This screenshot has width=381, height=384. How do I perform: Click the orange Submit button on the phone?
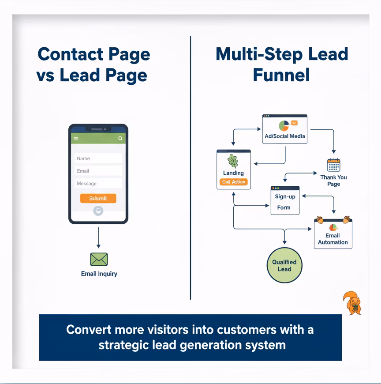[98, 198]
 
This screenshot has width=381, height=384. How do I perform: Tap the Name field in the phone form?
[98, 158]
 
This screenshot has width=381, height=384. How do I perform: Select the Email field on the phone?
[98, 171]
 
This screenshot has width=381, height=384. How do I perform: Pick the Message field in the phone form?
[98, 183]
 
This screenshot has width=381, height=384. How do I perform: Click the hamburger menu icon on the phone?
[76, 139]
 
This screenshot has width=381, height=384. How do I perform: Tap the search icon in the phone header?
[120, 139]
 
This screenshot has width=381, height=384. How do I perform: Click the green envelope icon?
[99, 259]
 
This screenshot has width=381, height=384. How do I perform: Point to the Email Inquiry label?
[99, 274]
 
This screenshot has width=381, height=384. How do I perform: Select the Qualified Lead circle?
[284, 266]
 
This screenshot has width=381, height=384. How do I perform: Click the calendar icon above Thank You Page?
[334, 165]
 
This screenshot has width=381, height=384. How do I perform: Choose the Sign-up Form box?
[285, 201]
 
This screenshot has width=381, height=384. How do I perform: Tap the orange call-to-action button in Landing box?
[234, 182]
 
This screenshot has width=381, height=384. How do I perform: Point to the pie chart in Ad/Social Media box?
[283, 125]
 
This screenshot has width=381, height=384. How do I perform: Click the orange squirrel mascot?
[352, 303]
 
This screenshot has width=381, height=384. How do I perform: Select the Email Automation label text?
[333, 239]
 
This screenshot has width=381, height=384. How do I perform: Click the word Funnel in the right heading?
[281, 75]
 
